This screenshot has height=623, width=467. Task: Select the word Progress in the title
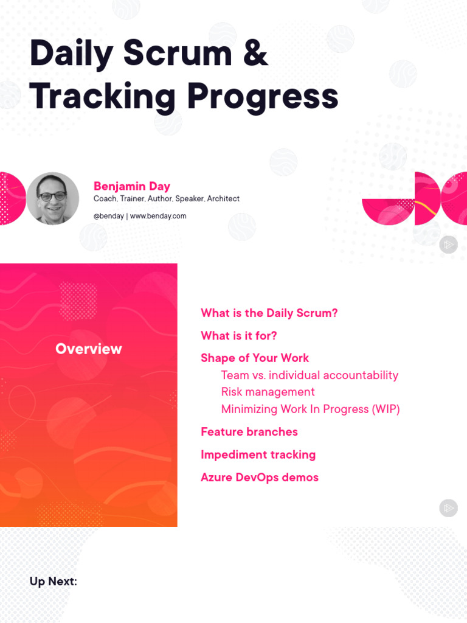(x=262, y=96)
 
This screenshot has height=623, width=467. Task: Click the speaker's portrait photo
(x=53, y=198)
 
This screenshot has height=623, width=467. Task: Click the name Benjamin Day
(x=132, y=186)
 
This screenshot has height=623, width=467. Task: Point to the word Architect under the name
(x=223, y=199)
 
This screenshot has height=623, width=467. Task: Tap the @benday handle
(x=108, y=216)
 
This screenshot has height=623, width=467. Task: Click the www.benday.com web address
(x=158, y=216)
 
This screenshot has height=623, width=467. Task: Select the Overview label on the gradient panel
(x=89, y=349)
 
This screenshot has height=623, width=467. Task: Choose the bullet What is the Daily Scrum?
(x=269, y=313)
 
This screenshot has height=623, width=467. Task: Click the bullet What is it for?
(x=239, y=336)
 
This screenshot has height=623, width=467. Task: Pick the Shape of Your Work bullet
(x=255, y=358)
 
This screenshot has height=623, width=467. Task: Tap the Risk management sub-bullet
(x=268, y=392)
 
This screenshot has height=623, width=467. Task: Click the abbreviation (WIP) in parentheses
(x=386, y=409)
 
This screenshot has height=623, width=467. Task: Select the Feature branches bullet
(x=249, y=432)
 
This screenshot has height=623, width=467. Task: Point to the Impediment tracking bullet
(x=258, y=454)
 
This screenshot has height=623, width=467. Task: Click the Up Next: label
(x=54, y=582)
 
